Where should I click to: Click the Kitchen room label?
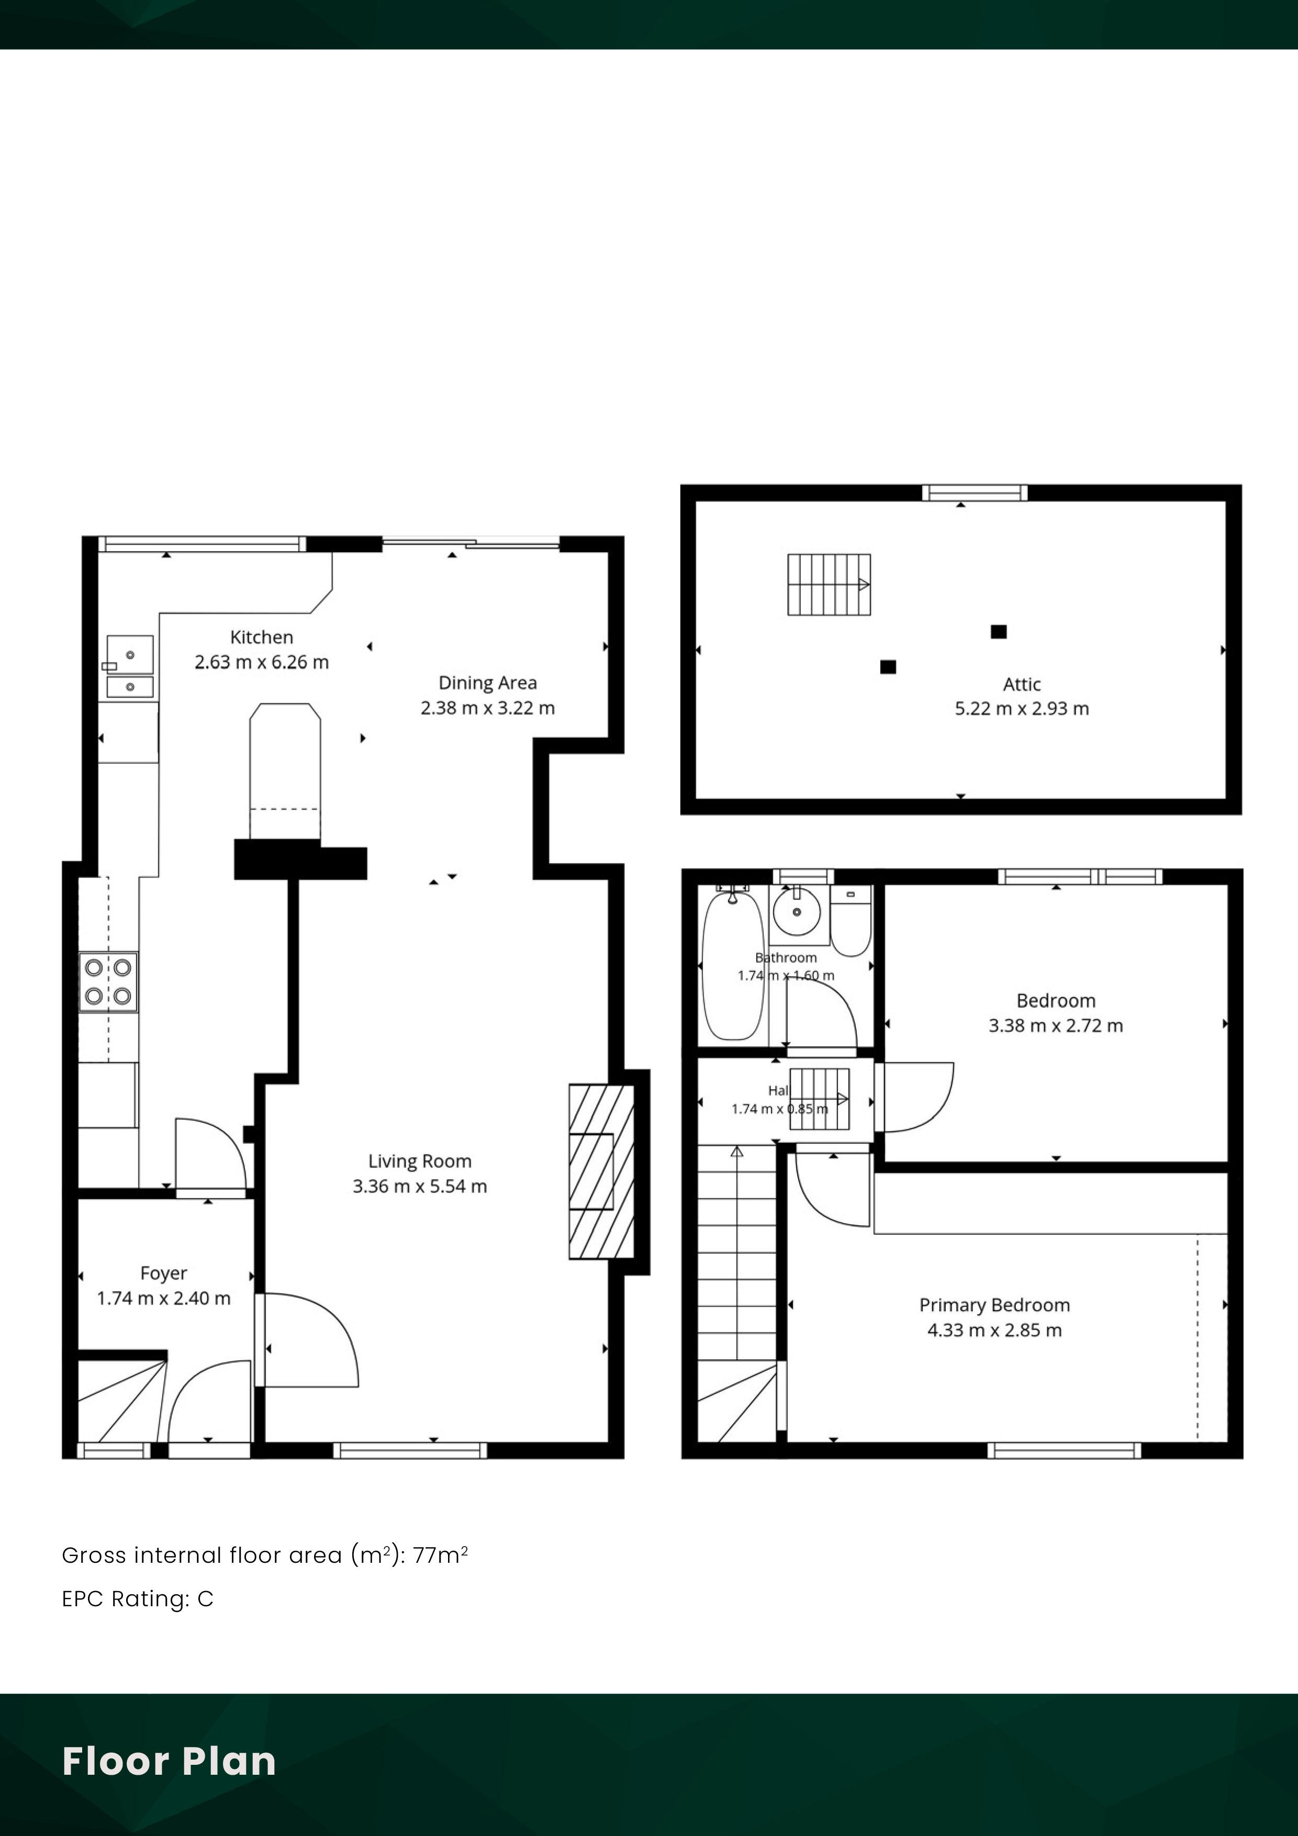pos(262,637)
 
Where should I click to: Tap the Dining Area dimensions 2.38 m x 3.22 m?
pos(488,708)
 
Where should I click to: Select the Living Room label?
pos(420,1161)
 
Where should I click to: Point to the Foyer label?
pos(164,1273)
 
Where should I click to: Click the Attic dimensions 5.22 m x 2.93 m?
pos(1022,709)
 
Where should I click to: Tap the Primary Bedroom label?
pos(995,1305)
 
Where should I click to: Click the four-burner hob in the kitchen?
pos(108,982)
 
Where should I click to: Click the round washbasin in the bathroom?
pos(797,911)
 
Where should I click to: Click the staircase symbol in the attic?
pos(829,585)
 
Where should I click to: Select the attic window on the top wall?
pos(974,492)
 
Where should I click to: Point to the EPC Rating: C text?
pos(138,1598)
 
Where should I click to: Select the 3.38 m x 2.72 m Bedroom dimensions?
pos(1056,1026)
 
